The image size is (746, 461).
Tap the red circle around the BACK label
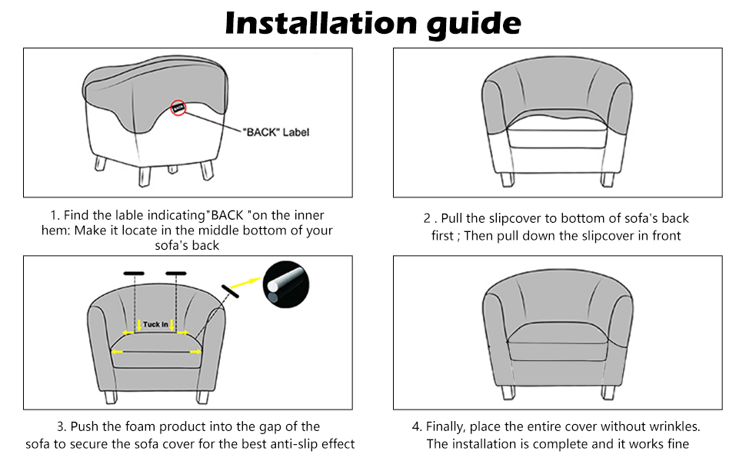tap(178, 108)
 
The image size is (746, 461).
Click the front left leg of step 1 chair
tap(142, 175)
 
